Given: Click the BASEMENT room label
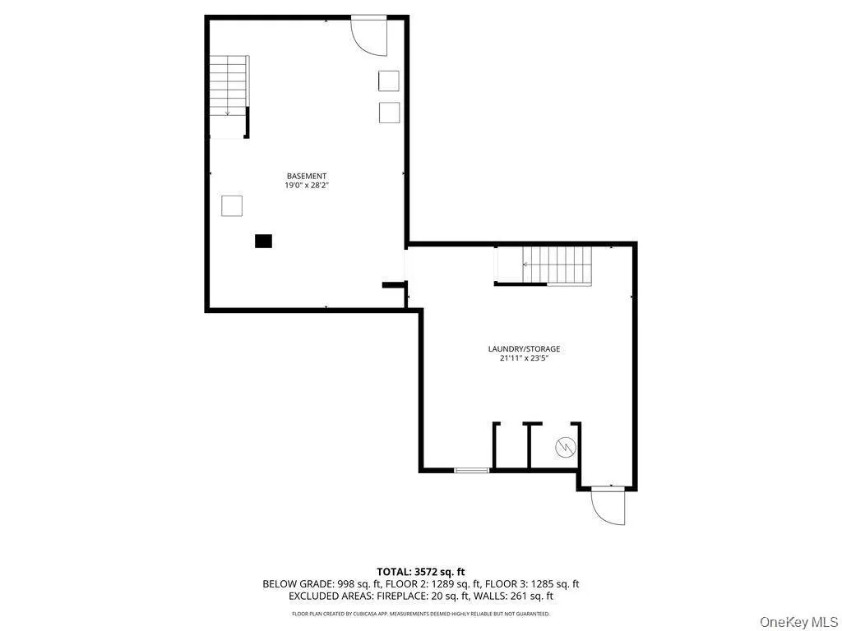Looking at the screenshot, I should tap(307, 176).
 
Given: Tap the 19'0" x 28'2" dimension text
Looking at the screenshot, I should tap(307, 186).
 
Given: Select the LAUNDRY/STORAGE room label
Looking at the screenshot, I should tap(524, 348).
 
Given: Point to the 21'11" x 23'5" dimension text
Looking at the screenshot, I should tap(524, 358).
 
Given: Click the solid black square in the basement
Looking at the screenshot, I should tap(263, 241).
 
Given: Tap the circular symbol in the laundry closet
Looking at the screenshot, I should tap(566, 447).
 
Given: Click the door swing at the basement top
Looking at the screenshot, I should tap(369, 35).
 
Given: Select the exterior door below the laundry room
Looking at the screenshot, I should tap(608, 504).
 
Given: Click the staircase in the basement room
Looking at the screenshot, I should tap(228, 85).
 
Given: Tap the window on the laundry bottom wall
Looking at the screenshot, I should tap(472, 470).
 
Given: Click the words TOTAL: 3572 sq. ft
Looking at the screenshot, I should tap(421, 571).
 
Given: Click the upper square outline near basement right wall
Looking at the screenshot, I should tap(389, 81).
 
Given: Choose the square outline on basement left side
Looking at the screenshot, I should tap(232, 205).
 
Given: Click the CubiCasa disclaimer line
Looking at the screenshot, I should tap(421, 614).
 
